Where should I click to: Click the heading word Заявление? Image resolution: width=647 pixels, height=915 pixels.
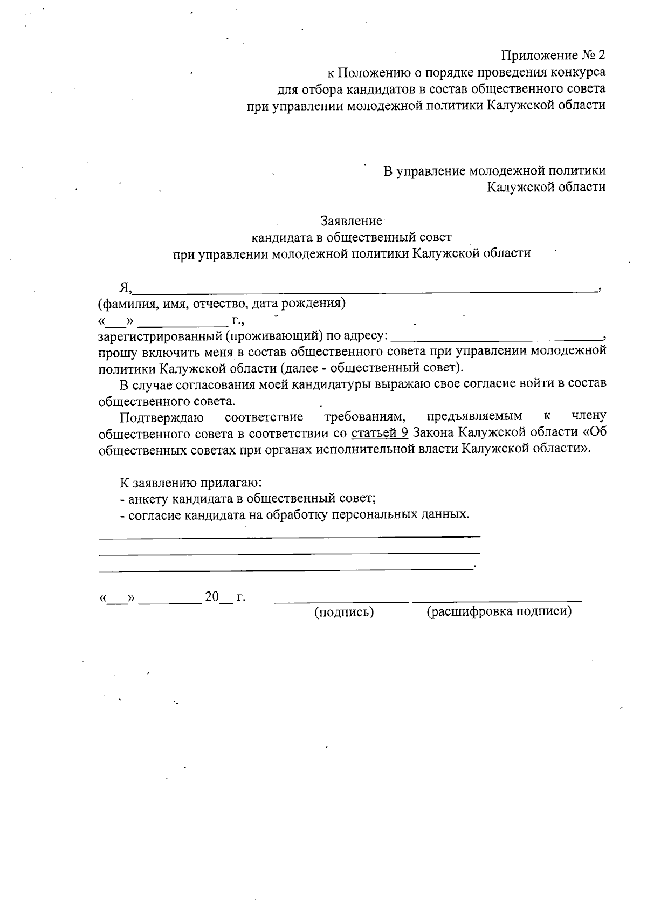tap(351, 221)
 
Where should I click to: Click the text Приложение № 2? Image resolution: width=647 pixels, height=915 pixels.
tap(553, 55)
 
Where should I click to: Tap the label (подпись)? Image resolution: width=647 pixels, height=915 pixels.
tap(344, 611)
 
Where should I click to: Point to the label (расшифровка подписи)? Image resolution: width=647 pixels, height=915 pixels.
tap(499, 611)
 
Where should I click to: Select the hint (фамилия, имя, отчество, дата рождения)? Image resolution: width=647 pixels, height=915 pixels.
tap(222, 303)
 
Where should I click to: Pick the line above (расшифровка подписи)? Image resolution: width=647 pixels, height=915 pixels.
tap(497, 601)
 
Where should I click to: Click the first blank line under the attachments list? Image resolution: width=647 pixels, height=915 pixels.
tap(289, 536)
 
